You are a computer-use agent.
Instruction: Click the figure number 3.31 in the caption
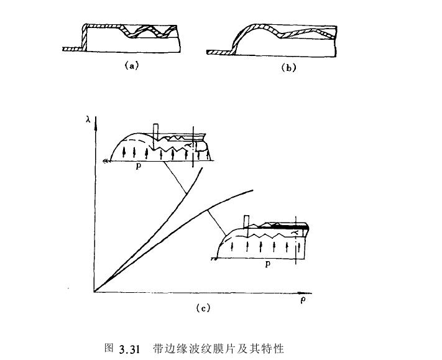point(127,348)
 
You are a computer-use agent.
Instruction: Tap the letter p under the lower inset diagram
point(267,264)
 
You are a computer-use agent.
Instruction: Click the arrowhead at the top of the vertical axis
point(96,122)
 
